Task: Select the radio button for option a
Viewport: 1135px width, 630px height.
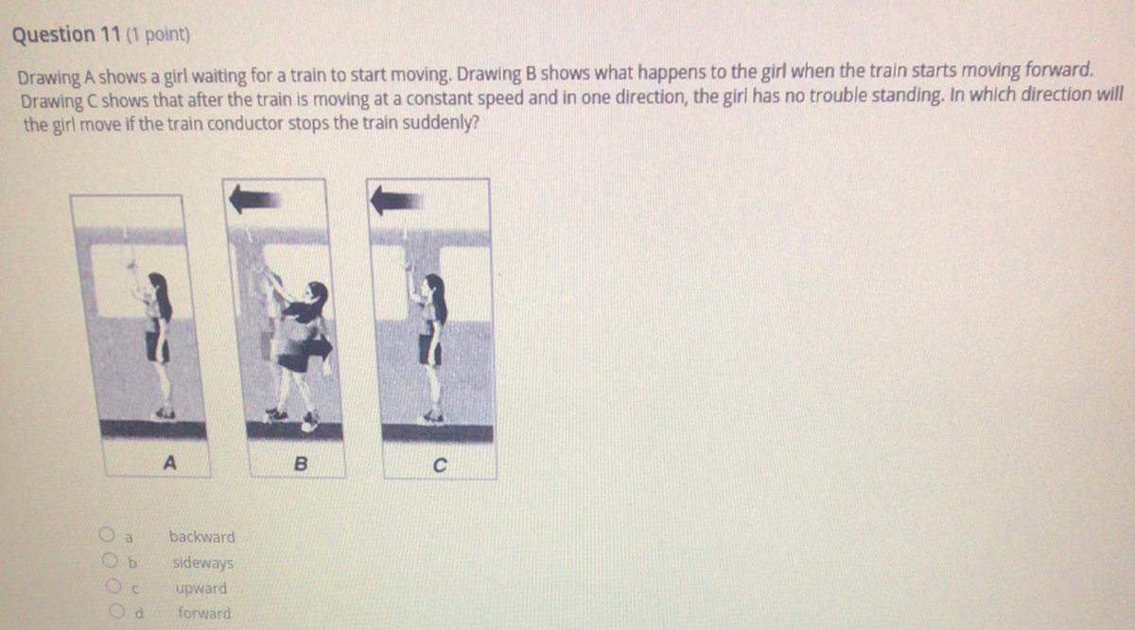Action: point(107,534)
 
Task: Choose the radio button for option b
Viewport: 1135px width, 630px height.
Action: point(110,560)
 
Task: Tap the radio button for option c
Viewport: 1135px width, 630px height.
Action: point(113,586)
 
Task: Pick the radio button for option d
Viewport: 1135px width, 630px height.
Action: point(117,611)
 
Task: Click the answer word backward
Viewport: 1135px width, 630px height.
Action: point(202,536)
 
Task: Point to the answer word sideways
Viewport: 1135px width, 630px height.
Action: point(202,563)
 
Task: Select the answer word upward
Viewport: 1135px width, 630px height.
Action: point(201,589)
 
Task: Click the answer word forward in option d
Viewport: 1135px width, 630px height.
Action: point(204,613)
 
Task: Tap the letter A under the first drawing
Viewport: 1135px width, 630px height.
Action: point(170,463)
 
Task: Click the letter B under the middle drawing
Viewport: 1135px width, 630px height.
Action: point(301,464)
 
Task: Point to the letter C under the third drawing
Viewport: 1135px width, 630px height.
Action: point(440,464)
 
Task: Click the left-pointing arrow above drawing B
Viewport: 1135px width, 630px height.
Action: point(254,200)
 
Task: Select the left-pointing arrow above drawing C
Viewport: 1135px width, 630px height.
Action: point(396,201)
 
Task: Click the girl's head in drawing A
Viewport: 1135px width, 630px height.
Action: point(158,285)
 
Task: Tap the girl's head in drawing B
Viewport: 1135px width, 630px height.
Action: point(317,294)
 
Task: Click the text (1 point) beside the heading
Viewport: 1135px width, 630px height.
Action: point(158,34)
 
